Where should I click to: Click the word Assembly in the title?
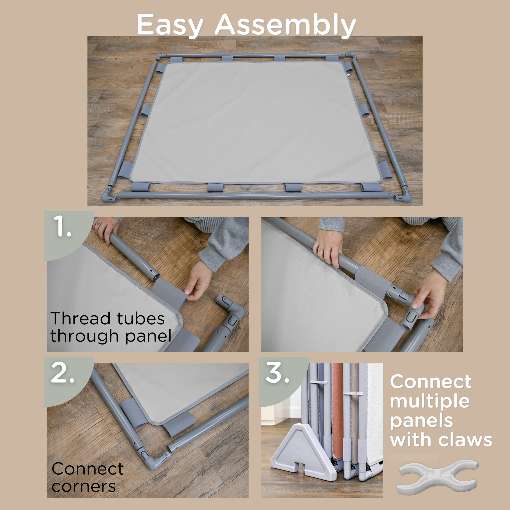tap(285, 25)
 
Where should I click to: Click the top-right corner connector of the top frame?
tap(351, 56)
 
